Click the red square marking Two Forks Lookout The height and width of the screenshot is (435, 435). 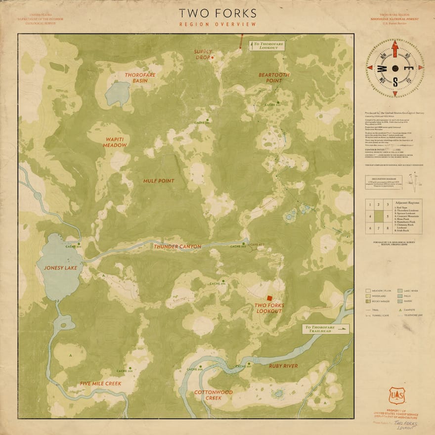269,298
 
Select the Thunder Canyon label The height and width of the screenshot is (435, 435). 177,246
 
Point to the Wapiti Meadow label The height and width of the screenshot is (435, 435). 115,142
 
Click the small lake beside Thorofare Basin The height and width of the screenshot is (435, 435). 118,94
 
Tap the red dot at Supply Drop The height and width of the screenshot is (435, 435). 212,58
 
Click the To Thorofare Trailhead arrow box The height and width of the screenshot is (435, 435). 326,329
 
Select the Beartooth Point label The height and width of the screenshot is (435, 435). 274,78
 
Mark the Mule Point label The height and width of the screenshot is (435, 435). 159,181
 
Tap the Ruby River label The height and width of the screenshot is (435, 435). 283,366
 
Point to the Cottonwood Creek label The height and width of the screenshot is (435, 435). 213,395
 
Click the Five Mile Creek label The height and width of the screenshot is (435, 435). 101,384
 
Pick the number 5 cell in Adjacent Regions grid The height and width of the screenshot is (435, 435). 389,216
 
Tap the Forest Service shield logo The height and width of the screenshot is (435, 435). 396,396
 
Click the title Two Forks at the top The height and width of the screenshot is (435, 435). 217,13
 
